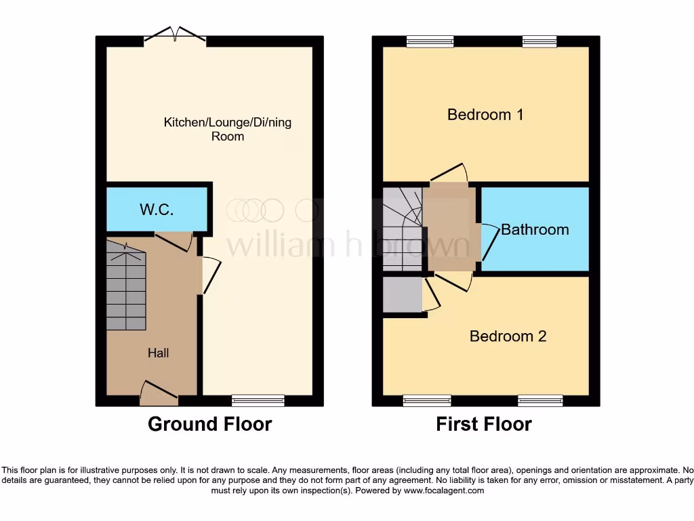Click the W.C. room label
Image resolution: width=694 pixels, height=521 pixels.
click(157, 210)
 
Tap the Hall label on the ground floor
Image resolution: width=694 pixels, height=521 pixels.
click(159, 353)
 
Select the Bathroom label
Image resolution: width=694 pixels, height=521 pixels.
click(535, 229)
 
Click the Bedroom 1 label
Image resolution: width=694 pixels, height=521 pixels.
click(485, 114)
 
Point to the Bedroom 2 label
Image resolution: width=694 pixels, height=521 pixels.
click(508, 336)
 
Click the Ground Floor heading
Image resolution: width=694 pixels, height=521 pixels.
click(209, 425)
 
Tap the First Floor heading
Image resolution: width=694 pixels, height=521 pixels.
click(483, 425)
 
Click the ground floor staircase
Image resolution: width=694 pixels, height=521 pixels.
click(126, 288)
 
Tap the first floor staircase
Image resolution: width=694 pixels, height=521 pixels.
click(403, 227)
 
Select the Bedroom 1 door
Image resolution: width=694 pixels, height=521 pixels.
click(449, 174)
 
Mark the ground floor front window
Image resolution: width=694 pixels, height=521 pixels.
click(258, 400)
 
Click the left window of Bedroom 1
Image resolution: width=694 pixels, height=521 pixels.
click(430, 41)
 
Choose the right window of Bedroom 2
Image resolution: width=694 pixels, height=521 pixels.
click(540, 400)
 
